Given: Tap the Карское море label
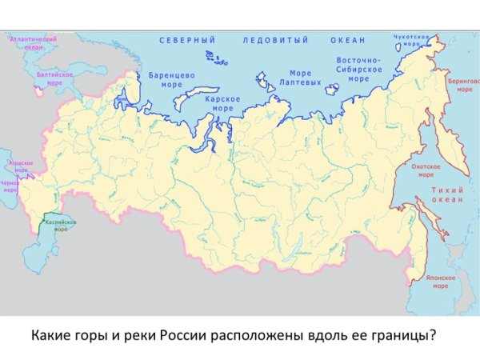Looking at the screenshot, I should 219,102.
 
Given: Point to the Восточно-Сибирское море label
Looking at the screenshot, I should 358,70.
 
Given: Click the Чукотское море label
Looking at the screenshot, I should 412,40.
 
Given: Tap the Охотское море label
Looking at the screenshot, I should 422,170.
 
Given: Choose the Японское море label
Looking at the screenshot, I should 440,282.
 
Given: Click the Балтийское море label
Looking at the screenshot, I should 55,78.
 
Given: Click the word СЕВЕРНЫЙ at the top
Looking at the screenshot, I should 188,40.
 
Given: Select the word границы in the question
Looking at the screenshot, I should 404,334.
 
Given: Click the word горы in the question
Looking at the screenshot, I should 93,334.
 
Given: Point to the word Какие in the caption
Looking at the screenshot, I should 51,334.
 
